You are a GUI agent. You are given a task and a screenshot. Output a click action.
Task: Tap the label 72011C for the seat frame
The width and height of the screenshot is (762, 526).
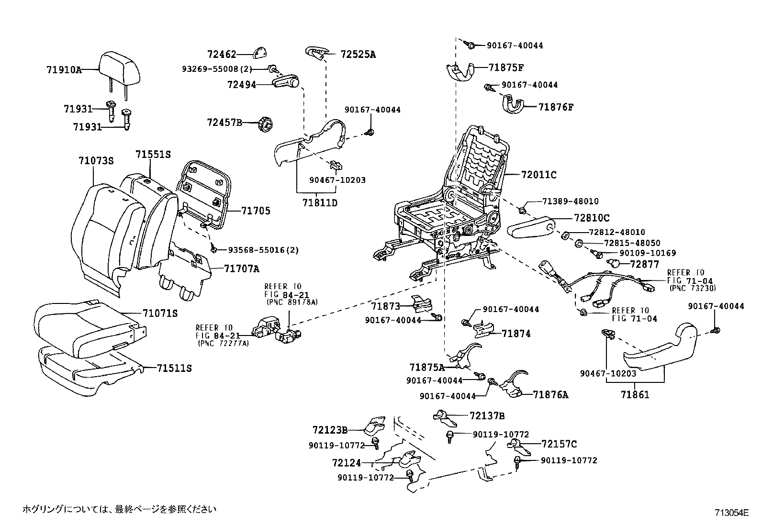pyautogui.click(x=538, y=175)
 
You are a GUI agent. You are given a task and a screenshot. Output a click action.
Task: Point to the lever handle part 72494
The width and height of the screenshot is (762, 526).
pyautogui.click(x=286, y=83)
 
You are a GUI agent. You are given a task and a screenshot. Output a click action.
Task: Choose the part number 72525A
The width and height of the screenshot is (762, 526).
pyautogui.click(x=358, y=55)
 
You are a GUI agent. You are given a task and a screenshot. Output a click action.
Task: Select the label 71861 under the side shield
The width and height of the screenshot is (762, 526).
pyautogui.click(x=635, y=395)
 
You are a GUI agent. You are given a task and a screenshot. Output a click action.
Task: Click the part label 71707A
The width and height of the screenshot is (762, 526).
pyautogui.click(x=241, y=269)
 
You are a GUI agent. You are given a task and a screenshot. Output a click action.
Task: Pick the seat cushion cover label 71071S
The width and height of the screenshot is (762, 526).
pyautogui.click(x=160, y=313)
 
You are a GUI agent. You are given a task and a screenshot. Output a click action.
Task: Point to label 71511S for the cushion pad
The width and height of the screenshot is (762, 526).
pyautogui.click(x=174, y=368)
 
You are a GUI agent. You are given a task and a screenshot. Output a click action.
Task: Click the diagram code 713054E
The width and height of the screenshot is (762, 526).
pyautogui.click(x=731, y=513)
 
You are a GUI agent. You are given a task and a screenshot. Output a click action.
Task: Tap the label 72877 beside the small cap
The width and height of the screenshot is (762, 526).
pyautogui.click(x=644, y=264)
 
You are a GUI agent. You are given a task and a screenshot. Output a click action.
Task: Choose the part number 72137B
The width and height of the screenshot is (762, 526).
pyautogui.click(x=487, y=416)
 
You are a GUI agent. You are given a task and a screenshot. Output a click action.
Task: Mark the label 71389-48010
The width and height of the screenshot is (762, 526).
pyautogui.click(x=571, y=201)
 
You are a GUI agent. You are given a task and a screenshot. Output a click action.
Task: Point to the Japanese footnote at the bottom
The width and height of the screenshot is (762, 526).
pyautogui.click(x=120, y=509)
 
